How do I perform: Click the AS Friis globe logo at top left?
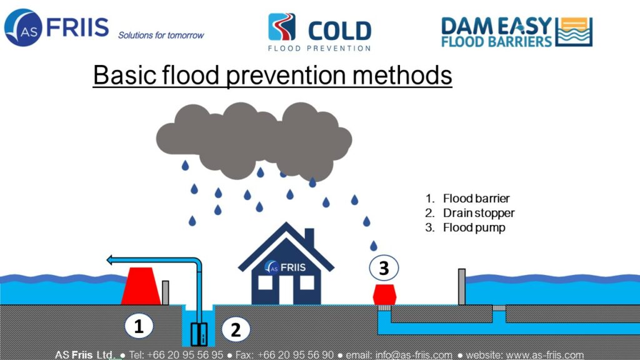[23, 27]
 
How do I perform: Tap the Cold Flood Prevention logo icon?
[282, 27]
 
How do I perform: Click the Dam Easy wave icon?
[575, 32]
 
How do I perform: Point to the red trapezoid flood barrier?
[141, 286]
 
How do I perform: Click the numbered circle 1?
[139, 326]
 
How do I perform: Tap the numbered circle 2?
[236, 329]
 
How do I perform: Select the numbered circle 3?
[384, 267]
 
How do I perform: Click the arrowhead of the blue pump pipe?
[109, 259]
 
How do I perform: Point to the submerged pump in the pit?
[199, 334]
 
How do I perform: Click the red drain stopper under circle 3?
[384, 295]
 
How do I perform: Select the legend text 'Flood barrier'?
[476, 198]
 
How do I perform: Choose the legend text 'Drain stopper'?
[479, 213]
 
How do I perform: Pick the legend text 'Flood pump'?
[474, 227]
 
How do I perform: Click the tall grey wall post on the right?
[462, 286]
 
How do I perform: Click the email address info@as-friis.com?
[414, 355]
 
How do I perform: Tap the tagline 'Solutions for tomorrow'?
[161, 36]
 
